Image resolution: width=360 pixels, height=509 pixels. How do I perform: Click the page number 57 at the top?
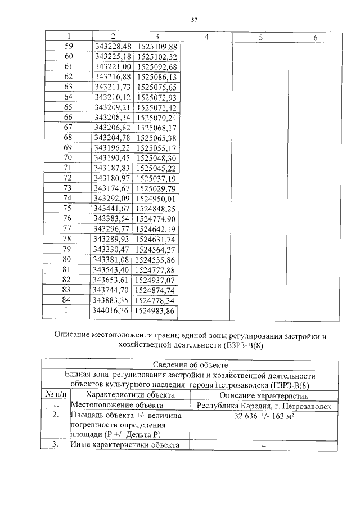click(194, 20)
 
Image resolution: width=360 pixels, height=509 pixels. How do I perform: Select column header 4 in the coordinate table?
click(206, 37)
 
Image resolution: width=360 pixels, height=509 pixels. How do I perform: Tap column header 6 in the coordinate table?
click(315, 37)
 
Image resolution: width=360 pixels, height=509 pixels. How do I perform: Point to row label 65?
click(69, 107)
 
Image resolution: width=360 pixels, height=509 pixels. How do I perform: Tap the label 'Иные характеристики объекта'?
click(124, 445)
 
